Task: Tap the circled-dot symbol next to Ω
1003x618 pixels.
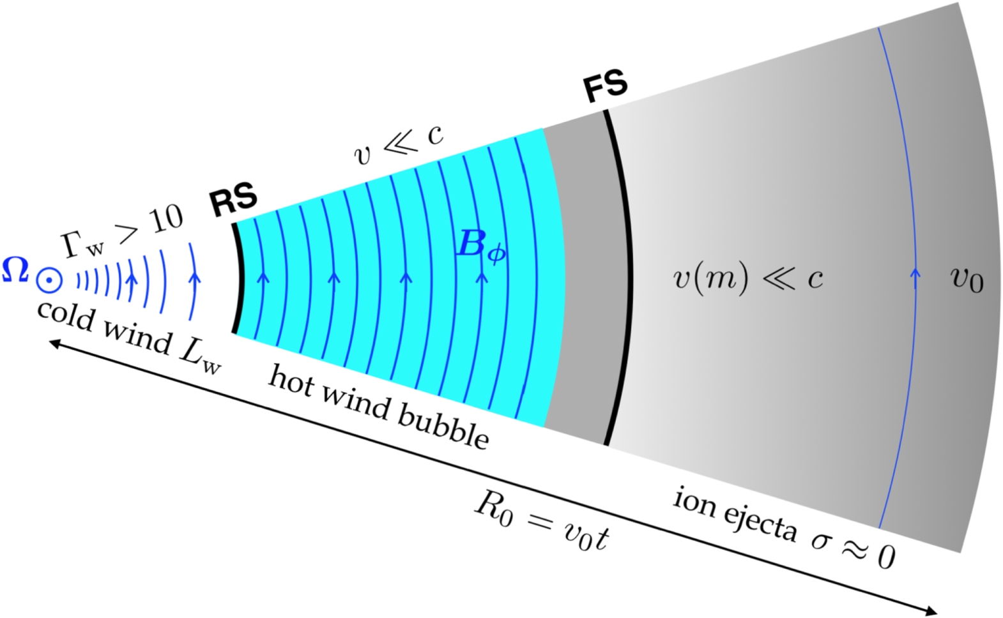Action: point(49,280)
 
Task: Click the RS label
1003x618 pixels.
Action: point(234,199)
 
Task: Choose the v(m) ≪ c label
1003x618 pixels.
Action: point(747,278)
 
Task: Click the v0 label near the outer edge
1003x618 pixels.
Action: point(967,278)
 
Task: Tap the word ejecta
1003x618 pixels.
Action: point(760,521)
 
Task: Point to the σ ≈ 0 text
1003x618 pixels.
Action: point(854,549)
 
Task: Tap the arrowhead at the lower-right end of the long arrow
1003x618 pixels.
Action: point(931,610)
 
